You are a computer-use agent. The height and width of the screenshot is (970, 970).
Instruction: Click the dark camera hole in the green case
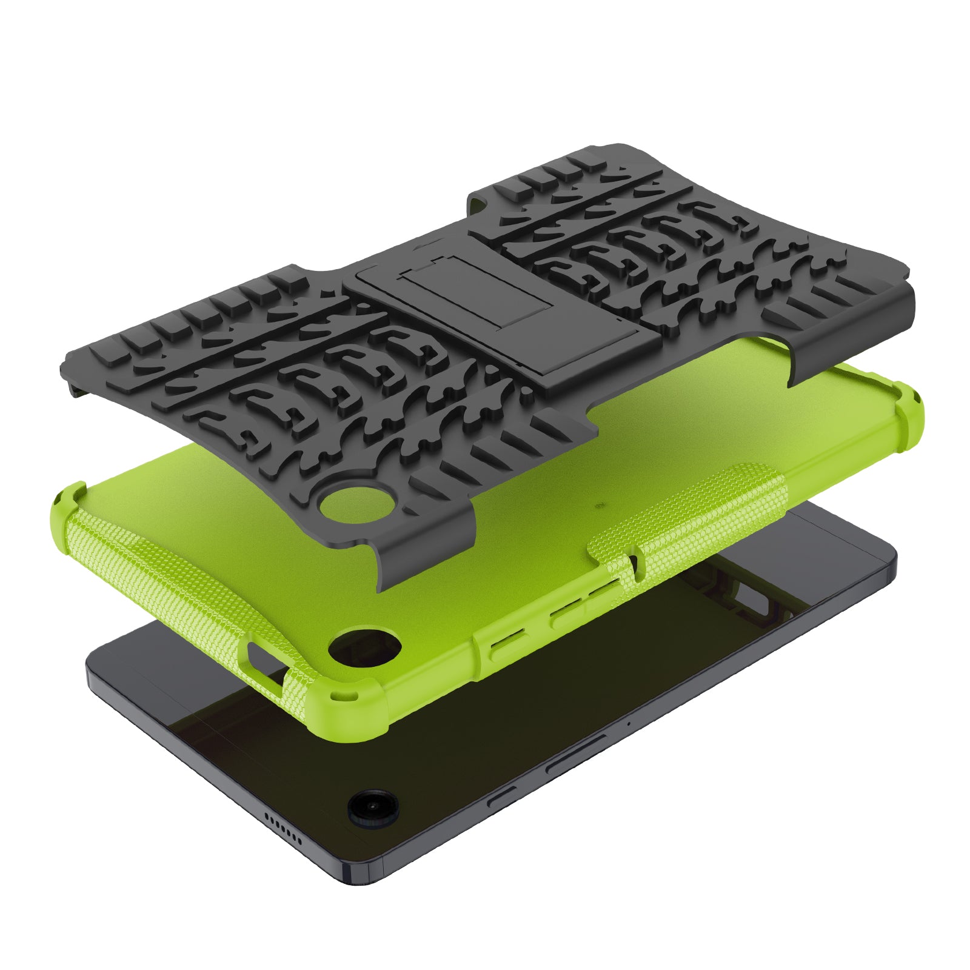point(365,644)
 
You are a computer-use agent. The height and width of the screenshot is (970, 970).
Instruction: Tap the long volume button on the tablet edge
point(576,752)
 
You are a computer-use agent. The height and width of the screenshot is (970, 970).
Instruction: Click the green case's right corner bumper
point(906,412)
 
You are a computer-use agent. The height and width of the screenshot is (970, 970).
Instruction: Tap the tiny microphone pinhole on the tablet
point(629,723)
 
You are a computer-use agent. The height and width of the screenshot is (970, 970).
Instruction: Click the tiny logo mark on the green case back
point(597,503)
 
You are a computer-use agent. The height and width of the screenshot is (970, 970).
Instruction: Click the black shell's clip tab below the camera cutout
point(424,558)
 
